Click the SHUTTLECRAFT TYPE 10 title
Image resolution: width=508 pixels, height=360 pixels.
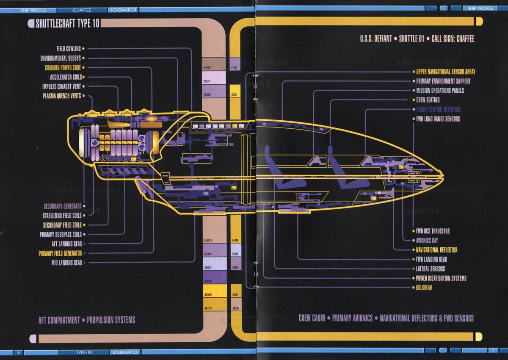[67, 23]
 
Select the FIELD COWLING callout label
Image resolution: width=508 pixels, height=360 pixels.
[68, 49]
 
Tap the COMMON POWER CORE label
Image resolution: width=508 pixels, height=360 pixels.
[63, 68]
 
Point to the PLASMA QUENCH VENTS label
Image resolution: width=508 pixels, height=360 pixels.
[62, 96]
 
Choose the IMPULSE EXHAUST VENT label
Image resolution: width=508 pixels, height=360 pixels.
[61, 86]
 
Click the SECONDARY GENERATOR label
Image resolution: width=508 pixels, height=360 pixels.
[62, 206]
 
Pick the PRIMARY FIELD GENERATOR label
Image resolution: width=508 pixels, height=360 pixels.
[60, 253]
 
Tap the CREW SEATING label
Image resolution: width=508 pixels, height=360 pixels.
[428, 100]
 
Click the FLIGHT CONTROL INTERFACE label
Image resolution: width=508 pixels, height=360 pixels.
[438, 109]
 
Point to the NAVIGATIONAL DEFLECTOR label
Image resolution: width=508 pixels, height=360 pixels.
[436, 250]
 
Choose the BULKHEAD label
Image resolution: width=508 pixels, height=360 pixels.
[424, 288]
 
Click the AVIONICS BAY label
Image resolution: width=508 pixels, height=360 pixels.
[427, 241]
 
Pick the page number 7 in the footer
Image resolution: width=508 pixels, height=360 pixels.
[492, 351]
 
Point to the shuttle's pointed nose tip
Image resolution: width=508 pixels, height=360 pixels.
[441, 173]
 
